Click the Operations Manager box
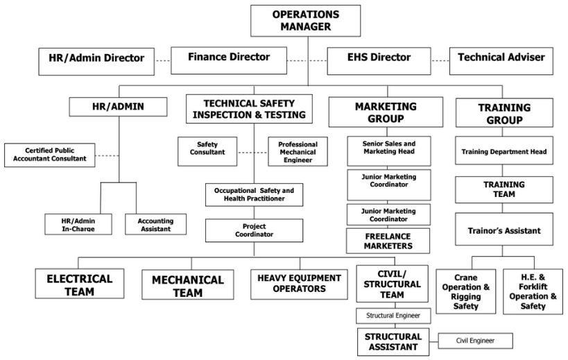pos(305,21)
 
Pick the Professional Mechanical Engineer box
pos(298,151)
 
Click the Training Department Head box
pos(504,151)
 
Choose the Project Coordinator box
pos(254,230)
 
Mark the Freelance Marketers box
pos(388,241)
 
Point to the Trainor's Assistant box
pos(504,230)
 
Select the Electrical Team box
pos(80,285)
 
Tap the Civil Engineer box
pos(474,341)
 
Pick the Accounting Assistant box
pos(155,224)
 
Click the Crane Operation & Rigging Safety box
pos(465,291)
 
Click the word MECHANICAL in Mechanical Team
pos(188,280)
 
